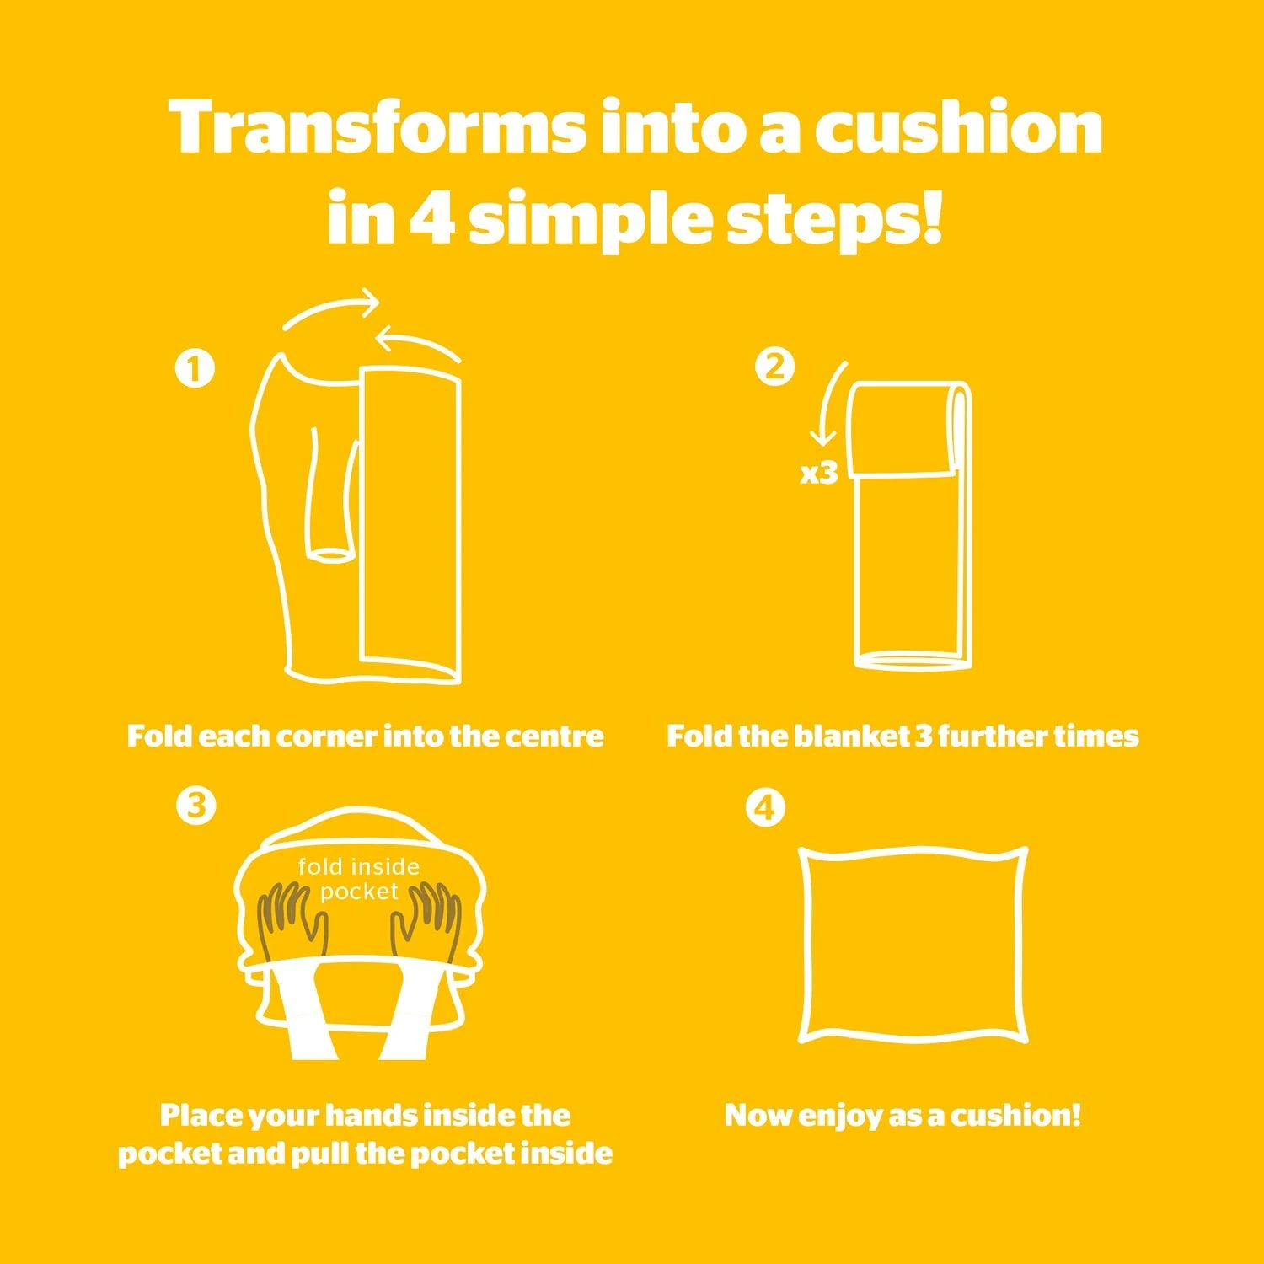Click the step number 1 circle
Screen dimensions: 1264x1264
click(195, 368)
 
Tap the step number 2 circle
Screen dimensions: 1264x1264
click(775, 367)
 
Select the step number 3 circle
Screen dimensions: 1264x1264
click(196, 806)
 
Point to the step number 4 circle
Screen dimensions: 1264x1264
click(765, 808)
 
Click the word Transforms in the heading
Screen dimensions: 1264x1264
click(377, 126)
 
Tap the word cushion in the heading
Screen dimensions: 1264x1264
click(959, 126)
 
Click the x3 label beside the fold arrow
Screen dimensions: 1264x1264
click(819, 473)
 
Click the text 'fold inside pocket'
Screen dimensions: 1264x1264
click(359, 879)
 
